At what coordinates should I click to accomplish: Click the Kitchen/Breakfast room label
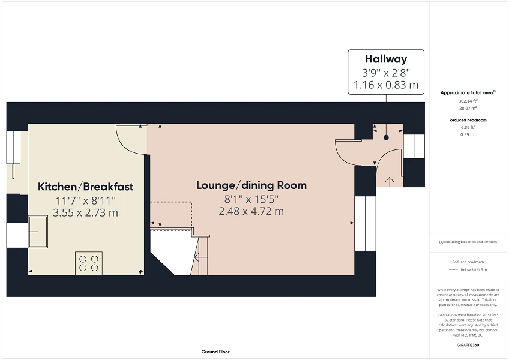coord(85,187)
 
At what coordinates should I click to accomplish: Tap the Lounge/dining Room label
coord(251,185)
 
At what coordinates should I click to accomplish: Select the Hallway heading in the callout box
coord(386,59)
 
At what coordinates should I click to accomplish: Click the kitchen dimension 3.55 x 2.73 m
coord(85,212)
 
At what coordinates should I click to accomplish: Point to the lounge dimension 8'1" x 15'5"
coord(251,199)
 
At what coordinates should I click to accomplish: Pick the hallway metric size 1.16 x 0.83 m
coord(386,85)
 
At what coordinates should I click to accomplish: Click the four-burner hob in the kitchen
coord(89,263)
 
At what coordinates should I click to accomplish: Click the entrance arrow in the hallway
coord(389,179)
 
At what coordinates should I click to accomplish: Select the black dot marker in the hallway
coord(386,137)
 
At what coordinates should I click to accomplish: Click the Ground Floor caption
coord(215,352)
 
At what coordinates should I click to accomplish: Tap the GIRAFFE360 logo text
coord(469,345)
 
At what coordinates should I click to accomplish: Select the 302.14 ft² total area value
coord(468,101)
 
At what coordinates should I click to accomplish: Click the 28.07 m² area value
coord(468,109)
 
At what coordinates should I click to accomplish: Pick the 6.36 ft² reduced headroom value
coord(468,127)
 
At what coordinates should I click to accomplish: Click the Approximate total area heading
coord(468,92)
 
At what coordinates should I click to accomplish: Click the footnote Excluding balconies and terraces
coord(468,242)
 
